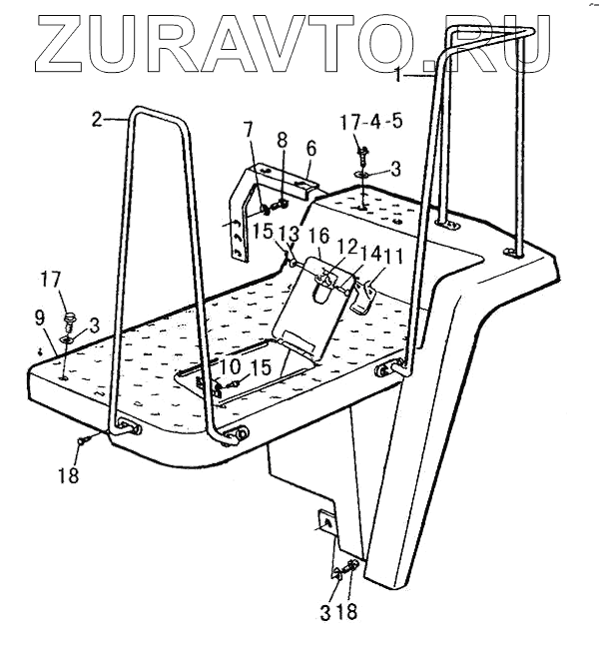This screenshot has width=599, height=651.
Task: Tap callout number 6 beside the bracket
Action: pos(310,147)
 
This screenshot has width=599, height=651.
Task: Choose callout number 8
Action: pos(282,141)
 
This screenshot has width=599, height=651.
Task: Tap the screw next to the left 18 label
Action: pos(87,438)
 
